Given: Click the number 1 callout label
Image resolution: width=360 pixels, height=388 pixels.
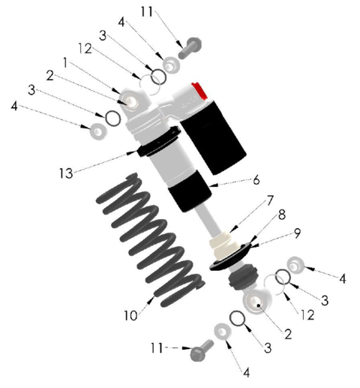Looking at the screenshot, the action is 65,63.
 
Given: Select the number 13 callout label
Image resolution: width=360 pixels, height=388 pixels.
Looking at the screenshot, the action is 66,173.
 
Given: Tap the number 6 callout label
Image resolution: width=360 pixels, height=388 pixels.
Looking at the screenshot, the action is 256,180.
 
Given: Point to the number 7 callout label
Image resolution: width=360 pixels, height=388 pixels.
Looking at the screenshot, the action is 270,200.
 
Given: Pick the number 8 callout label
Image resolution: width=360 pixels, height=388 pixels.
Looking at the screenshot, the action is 282,215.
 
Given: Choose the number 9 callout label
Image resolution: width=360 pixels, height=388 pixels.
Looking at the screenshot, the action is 297,233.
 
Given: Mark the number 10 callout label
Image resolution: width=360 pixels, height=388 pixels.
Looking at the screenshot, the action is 130,315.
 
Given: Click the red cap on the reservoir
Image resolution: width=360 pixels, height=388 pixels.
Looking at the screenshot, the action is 199,91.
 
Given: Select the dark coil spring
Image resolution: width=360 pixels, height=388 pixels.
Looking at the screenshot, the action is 150,240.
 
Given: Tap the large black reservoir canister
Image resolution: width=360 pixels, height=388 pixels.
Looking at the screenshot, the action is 213,137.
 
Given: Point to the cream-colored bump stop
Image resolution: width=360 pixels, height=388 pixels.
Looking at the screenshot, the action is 223,246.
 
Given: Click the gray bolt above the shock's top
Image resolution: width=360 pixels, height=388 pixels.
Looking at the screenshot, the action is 190,48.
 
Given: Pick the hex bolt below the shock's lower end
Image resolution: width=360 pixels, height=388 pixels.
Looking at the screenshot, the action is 202,350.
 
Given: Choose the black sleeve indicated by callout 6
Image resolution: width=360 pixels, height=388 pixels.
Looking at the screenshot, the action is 190,191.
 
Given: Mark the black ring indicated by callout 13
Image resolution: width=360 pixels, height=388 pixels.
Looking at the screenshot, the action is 159,141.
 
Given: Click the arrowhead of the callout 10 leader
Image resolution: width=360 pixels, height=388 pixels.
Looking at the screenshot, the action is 151,299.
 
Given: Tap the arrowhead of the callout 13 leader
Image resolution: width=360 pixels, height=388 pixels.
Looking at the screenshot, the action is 132,152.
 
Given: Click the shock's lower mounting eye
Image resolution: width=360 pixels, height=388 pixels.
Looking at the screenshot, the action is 257,302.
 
